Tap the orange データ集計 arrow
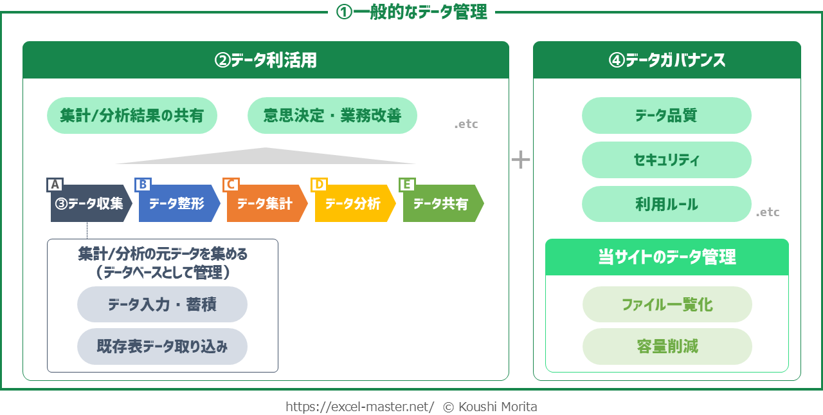point(267,203)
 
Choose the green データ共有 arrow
point(444,203)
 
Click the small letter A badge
point(55,185)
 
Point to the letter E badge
point(407,185)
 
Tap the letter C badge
point(231,185)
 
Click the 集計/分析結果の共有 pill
point(132,115)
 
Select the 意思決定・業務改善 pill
point(332,115)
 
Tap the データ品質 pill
point(667,115)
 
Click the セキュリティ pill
point(667,160)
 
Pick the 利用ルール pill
point(667,204)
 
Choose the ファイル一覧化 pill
point(667,304)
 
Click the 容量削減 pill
point(667,346)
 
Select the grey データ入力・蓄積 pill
point(162,304)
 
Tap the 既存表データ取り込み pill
point(162,346)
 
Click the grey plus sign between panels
point(521,160)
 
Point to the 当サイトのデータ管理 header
point(667,257)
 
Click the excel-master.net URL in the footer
point(359,407)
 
